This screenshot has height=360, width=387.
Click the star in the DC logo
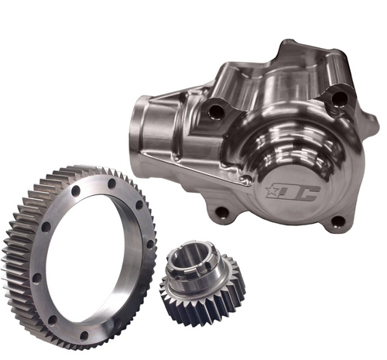coord(272,189)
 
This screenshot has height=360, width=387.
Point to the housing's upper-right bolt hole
coord(338,98)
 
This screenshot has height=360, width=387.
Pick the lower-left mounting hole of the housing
coord(223,211)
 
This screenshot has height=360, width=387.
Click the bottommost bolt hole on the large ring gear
coord(84,335)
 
